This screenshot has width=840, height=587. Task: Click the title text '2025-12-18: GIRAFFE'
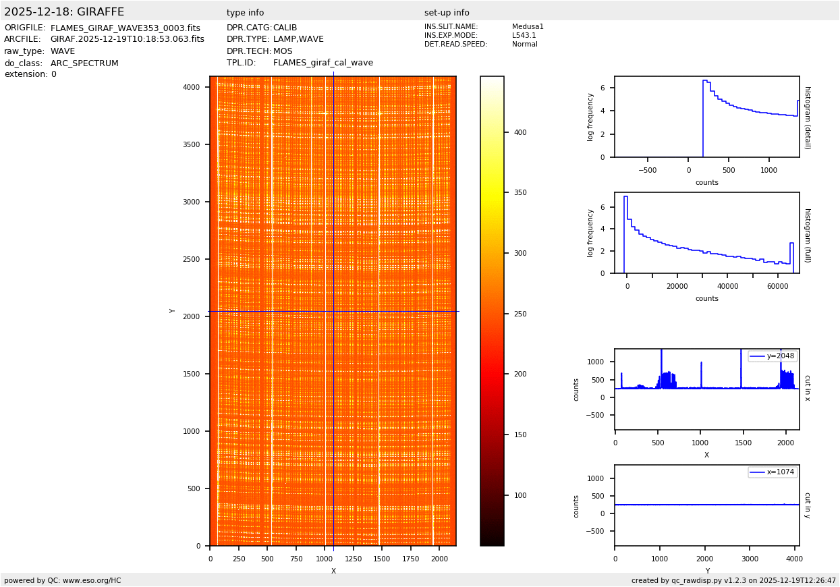(64, 12)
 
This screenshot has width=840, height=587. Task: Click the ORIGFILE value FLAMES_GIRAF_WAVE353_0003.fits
(125, 28)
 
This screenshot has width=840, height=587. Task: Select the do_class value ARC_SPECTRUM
(84, 63)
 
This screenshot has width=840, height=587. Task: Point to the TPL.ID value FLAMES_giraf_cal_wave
(323, 63)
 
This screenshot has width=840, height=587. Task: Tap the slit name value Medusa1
(528, 27)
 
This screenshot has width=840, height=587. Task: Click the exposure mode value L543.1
(524, 36)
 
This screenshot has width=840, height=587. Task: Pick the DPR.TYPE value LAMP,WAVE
(298, 40)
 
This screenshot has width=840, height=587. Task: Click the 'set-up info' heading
(447, 13)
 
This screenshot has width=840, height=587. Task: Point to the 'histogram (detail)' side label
(807, 117)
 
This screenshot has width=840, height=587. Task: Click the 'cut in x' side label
(807, 389)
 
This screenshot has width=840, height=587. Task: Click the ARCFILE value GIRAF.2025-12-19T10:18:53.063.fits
(127, 40)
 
